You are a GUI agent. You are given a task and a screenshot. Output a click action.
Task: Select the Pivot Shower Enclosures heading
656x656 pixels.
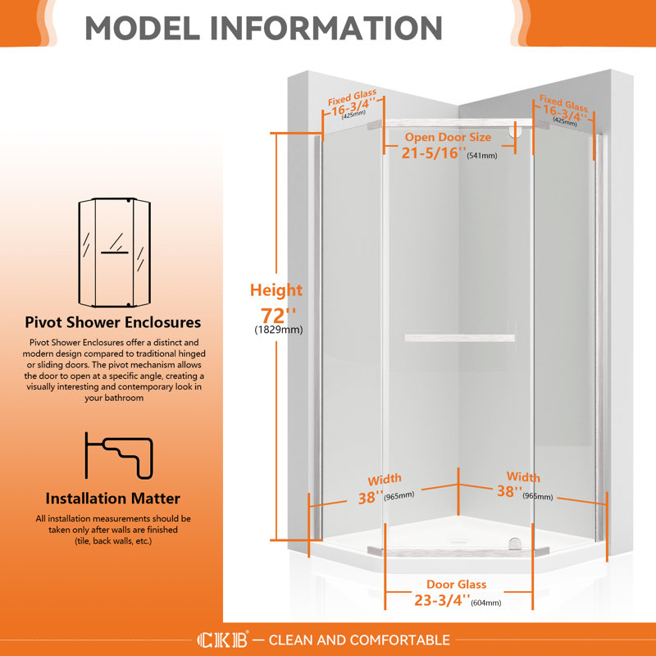[x=113, y=322]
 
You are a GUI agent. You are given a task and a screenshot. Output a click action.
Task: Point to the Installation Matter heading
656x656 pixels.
[x=113, y=498]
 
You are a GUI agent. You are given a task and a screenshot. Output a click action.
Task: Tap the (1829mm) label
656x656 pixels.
[x=277, y=330]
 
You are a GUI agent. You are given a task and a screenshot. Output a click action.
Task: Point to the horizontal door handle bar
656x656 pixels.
[x=458, y=337]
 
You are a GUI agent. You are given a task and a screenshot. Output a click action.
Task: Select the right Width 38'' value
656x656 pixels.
[x=509, y=492]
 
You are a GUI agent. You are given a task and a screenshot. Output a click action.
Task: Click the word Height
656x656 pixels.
[x=276, y=289]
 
